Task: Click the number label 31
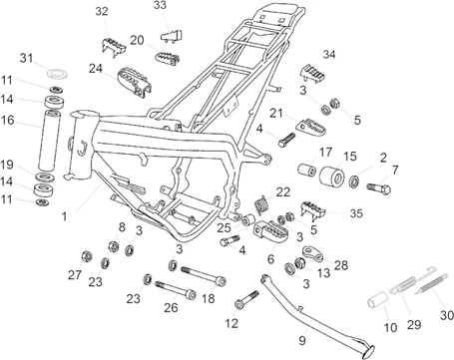27,57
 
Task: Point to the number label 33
160,6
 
